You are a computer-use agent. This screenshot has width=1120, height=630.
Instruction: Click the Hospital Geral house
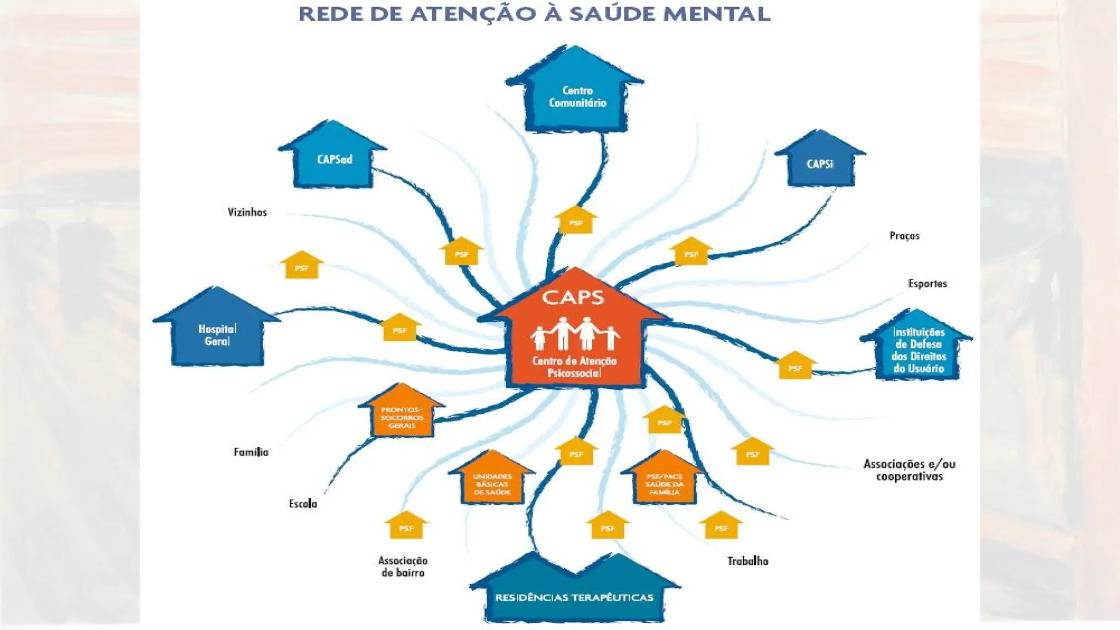217,334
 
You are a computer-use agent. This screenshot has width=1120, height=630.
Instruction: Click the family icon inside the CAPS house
574,333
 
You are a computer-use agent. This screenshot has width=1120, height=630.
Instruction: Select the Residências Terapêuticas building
574,596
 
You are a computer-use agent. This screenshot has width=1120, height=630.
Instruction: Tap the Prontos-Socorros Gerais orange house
402,417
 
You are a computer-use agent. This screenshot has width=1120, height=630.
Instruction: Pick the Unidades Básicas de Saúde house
492,483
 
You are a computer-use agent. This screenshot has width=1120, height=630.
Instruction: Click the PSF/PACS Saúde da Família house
664,483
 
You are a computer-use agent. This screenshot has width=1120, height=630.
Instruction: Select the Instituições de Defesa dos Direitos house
918,350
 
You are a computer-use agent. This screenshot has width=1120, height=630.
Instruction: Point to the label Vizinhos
247,212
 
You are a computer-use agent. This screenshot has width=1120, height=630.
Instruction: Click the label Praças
905,236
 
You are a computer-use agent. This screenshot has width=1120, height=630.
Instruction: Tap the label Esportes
927,283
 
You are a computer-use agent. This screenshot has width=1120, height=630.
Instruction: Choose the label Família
251,452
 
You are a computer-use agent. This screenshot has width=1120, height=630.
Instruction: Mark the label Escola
303,504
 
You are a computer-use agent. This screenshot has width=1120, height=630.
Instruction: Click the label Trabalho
748,561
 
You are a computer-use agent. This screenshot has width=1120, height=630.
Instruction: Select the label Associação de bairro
403,567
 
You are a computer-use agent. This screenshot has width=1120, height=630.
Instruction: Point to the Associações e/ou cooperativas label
909,470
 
